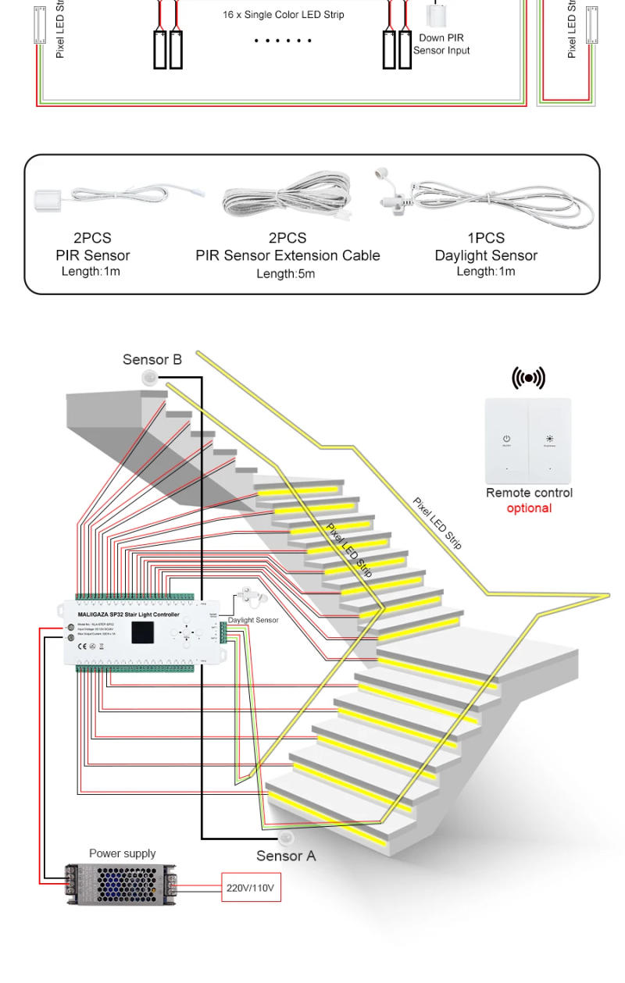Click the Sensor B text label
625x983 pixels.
click(x=152, y=360)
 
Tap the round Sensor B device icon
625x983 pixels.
click(x=149, y=378)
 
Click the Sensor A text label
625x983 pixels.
click(x=286, y=856)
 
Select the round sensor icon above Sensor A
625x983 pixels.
click(x=287, y=839)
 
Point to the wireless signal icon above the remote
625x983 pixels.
click(x=529, y=379)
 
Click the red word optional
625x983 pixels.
click(x=529, y=508)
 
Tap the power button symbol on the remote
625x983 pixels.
click(x=506, y=440)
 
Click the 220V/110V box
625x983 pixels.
click(x=250, y=888)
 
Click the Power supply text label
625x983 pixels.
click(x=122, y=853)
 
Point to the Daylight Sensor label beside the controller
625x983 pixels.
click(x=253, y=620)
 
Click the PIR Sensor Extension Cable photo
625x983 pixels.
click(x=287, y=197)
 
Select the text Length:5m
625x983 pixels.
click(x=287, y=273)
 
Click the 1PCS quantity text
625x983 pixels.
click(x=486, y=238)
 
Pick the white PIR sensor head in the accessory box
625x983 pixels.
click(x=51, y=198)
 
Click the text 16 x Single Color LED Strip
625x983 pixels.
click(x=283, y=15)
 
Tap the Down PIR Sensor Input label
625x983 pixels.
click(x=441, y=45)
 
